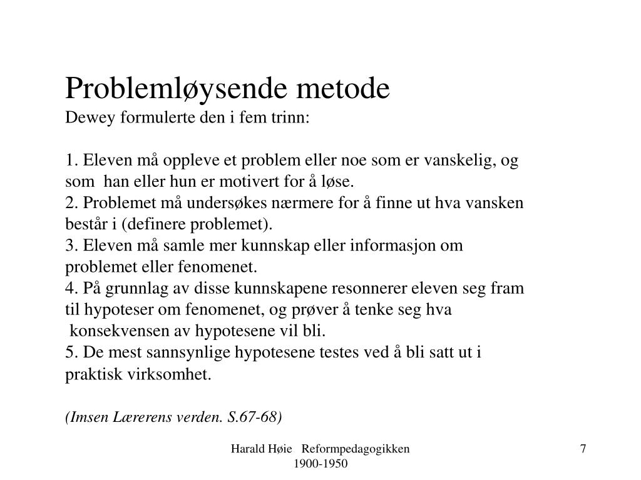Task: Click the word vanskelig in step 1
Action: point(459,161)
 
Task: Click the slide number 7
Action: point(583,449)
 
